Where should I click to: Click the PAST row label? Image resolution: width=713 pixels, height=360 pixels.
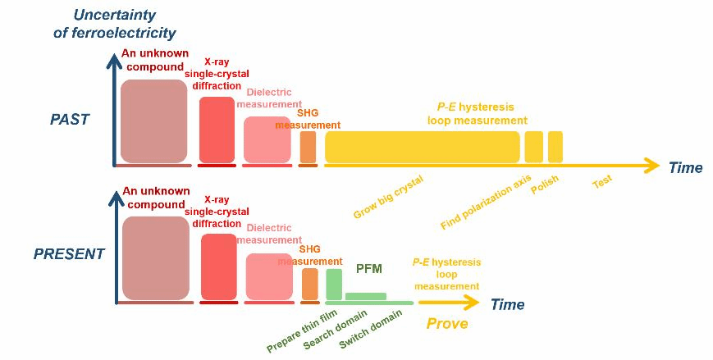point(69,120)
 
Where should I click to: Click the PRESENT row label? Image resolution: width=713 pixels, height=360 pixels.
point(69,254)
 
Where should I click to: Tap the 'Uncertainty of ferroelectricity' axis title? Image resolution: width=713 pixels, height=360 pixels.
point(124,23)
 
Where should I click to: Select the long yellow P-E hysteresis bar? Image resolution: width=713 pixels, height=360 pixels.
point(423,146)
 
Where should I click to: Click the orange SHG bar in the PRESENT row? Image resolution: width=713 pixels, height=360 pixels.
point(309,284)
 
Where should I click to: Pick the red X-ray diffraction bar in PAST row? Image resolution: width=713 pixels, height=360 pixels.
point(217,130)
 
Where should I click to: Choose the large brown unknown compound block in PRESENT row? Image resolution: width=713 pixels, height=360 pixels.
point(155,258)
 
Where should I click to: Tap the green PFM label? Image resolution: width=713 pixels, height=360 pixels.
point(370,267)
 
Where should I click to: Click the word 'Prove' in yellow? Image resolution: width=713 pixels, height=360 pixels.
point(447,324)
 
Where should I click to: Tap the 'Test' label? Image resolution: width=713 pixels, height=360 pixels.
point(602,180)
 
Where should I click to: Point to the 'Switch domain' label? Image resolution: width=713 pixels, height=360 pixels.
point(371,332)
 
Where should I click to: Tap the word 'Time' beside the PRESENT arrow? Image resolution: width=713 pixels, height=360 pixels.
point(507,305)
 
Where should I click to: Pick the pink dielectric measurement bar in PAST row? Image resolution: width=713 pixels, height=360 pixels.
point(267,139)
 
